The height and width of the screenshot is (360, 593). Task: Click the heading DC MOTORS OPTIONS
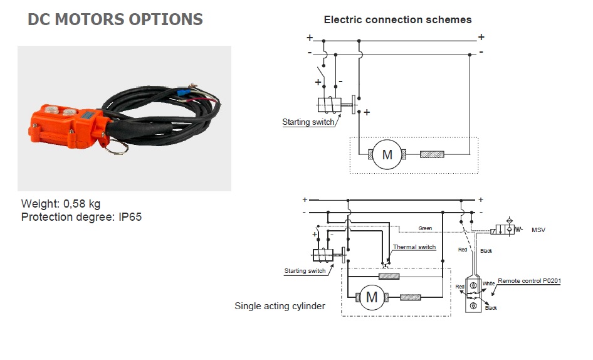coord(115,19)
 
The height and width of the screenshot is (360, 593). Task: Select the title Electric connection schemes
coord(398,19)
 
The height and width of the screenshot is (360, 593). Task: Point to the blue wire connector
coord(185,92)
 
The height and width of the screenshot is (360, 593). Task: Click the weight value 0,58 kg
coord(81,204)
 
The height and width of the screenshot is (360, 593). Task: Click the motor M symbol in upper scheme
coord(387,154)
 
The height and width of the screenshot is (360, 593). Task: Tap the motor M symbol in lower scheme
coord(372,297)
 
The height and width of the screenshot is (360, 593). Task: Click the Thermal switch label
coord(414,247)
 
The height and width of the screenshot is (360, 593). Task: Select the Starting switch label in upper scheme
coord(308,122)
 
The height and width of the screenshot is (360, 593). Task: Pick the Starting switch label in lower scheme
coord(305,271)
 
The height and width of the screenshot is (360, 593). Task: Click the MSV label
coord(538,230)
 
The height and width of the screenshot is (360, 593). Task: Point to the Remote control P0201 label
coord(529,281)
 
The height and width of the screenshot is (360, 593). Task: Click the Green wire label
coord(425,228)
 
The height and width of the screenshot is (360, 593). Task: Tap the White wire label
coord(488,283)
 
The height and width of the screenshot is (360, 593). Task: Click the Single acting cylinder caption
coord(280,306)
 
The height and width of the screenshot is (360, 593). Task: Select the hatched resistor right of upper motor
coord(432,154)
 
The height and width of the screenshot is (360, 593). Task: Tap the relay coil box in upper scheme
coord(330,105)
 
